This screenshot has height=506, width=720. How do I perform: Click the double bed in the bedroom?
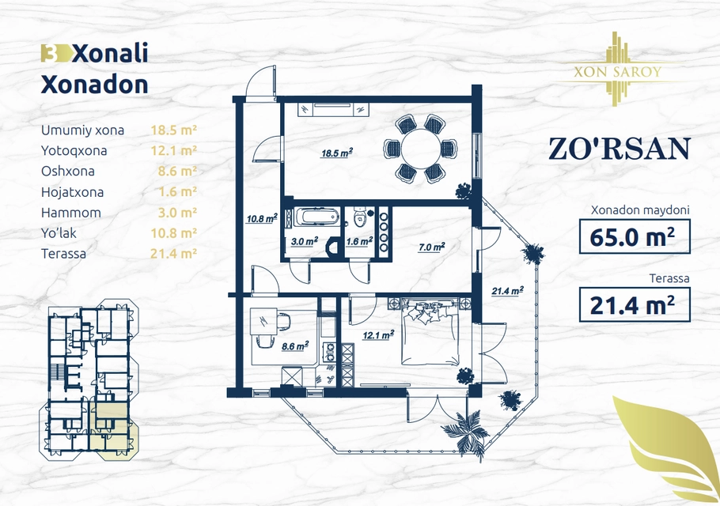point(430,331)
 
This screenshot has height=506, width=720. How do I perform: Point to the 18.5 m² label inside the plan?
point(336,153)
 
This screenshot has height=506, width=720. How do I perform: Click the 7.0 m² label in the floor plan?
point(431,247)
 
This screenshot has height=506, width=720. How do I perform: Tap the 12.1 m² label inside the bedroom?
point(378,336)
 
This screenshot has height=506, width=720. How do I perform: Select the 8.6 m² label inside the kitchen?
point(295,346)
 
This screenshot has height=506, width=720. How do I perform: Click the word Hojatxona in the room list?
point(72,192)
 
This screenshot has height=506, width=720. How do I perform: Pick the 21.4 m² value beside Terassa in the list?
point(173,254)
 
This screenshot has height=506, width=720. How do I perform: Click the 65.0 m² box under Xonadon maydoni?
point(635,236)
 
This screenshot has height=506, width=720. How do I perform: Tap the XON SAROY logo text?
point(618,72)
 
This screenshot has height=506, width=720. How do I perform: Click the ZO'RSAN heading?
point(620,149)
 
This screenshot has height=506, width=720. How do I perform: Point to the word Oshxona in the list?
point(68,172)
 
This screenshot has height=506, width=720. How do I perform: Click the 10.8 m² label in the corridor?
point(262,219)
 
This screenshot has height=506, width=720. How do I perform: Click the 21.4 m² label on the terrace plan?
point(508,291)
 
